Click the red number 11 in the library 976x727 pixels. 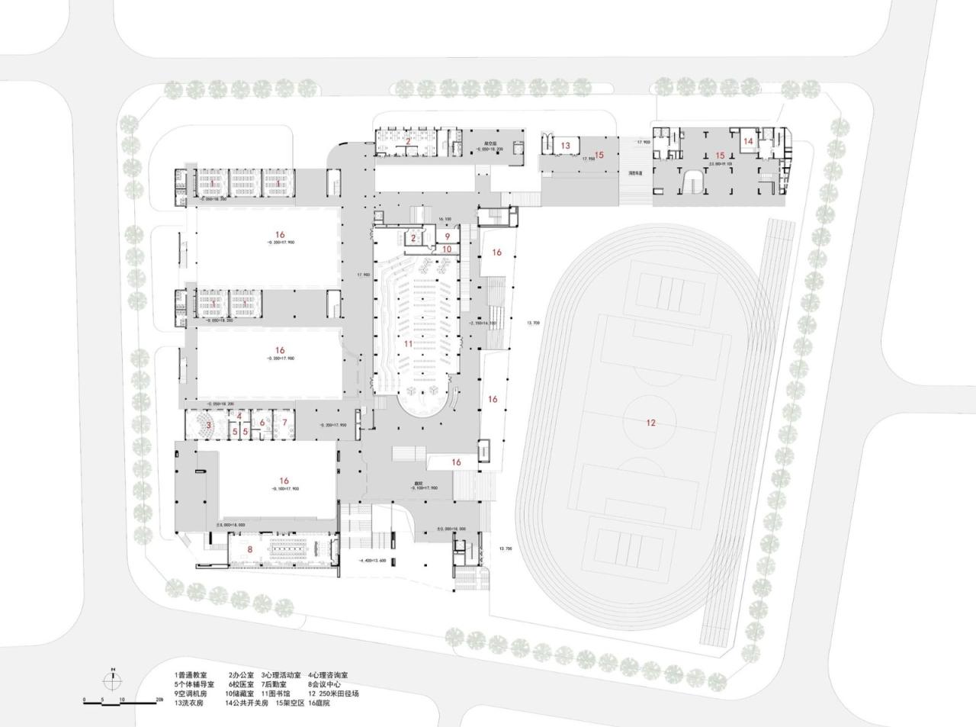pyautogui.click(x=408, y=344)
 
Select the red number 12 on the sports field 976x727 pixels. pyautogui.click(x=650, y=423)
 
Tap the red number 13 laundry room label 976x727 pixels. pyautogui.click(x=565, y=145)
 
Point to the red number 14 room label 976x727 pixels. pyautogui.click(x=748, y=141)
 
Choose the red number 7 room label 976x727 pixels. pyautogui.click(x=284, y=422)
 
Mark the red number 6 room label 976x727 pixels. pyautogui.click(x=262, y=423)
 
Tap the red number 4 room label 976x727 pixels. pyautogui.click(x=239, y=415)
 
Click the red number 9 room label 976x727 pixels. pyautogui.click(x=448, y=236)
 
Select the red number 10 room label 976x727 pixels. pyautogui.click(x=447, y=249)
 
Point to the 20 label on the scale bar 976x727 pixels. pyautogui.click(x=159, y=699)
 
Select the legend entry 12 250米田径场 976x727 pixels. pyautogui.click(x=333, y=693)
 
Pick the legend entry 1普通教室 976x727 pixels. pyautogui.click(x=191, y=675)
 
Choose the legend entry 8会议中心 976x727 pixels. pyautogui.click(x=327, y=684)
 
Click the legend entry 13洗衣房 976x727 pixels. pyautogui.click(x=189, y=703)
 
